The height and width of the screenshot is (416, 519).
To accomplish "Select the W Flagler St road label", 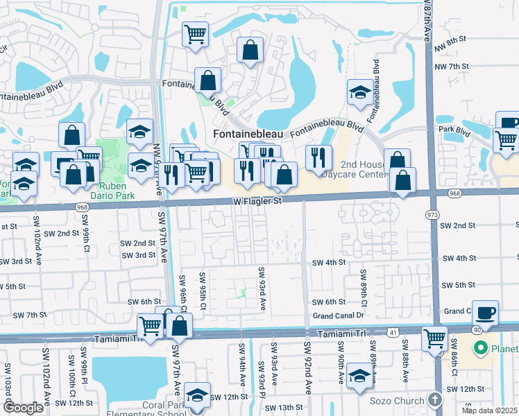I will pos(257,201).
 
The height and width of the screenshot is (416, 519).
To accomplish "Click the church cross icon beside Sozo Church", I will pos(434,400).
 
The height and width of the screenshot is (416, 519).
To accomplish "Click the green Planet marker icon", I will pos(479,348).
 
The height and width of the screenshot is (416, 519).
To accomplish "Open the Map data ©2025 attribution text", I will pos(489,410).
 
